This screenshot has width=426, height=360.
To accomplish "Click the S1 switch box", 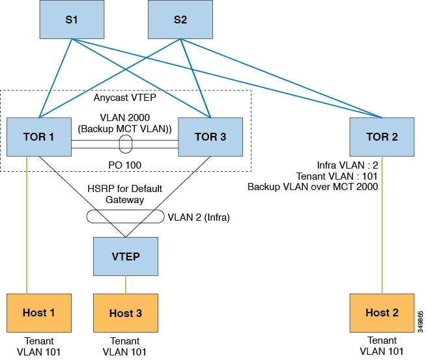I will (71, 20).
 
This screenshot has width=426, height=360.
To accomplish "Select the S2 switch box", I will (180, 20).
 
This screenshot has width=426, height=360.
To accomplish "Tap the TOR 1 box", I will (38, 137).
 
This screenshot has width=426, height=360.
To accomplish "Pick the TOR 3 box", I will (210, 137).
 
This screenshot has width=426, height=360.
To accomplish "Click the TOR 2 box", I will (382, 137).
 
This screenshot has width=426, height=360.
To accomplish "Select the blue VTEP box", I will (126, 256).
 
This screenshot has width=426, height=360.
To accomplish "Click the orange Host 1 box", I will (38, 312).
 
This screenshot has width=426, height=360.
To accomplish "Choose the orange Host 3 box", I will (126, 313).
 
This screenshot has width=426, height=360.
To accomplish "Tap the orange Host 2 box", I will (382, 312).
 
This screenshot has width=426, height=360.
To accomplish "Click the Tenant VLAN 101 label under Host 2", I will (382, 346).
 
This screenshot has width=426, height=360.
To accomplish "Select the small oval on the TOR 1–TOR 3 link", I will (126, 142).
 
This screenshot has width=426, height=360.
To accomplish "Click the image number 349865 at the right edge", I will (420, 320).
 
